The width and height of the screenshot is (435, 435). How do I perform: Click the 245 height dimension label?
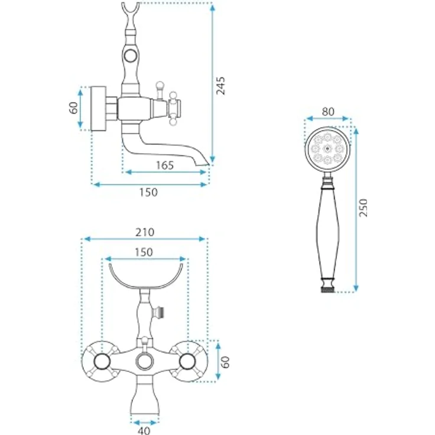tap(221, 86)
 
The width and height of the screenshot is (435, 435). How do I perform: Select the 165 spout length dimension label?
tap(165, 165)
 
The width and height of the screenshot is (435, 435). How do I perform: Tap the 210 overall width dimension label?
tap(145, 232)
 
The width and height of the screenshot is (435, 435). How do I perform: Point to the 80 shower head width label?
tap(328, 112)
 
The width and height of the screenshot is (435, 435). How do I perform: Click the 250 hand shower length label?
tap(363, 208)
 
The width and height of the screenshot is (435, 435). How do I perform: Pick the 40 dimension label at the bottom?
tap(144, 430)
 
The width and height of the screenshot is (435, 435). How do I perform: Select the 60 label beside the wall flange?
tap(73, 108)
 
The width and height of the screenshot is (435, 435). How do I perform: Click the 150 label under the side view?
tap(148, 192)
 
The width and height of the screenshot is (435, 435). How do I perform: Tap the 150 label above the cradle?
tap(144, 252)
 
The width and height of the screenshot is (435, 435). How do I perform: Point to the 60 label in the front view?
tap(226, 362)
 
